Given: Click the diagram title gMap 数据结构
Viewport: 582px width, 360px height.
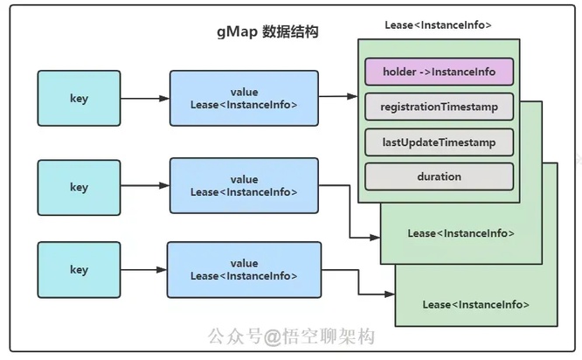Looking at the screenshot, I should pyautogui.click(x=267, y=32).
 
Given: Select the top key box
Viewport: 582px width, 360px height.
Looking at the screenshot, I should pyautogui.click(x=79, y=99).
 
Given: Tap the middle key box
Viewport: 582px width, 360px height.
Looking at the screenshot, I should pyautogui.click(x=79, y=187).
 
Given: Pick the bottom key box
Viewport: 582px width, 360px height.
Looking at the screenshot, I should pyautogui.click(x=79, y=270).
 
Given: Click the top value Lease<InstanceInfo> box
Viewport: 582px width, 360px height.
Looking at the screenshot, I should pyautogui.click(x=244, y=99).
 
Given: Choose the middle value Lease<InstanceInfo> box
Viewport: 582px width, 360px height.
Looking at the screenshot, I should pyautogui.click(x=244, y=186).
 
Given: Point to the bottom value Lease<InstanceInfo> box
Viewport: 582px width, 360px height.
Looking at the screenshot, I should pyautogui.click(x=244, y=269).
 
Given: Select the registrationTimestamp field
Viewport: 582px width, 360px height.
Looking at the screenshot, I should pyautogui.click(x=439, y=107).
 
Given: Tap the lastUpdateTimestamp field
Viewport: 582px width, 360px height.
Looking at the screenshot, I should pyautogui.click(x=439, y=142).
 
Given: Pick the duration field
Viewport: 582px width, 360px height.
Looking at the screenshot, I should pyautogui.click(x=439, y=177).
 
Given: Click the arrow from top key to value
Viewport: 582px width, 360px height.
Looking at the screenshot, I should pyautogui.click(x=144, y=99).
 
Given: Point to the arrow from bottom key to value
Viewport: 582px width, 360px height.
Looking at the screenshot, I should pyautogui.click(x=143, y=270).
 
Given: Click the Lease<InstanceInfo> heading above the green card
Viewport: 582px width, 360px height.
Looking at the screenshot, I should pyautogui.click(x=438, y=25).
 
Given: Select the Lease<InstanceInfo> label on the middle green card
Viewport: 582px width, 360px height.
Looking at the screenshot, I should pyautogui.click(x=461, y=233).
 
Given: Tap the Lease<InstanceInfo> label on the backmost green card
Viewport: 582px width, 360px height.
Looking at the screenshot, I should pyautogui.click(x=475, y=304).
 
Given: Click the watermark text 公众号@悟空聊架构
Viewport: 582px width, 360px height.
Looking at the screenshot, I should pyautogui.click(x=290, y=336).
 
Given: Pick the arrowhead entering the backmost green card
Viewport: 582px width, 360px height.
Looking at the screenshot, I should pyautogui.click(x=390, y=297).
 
